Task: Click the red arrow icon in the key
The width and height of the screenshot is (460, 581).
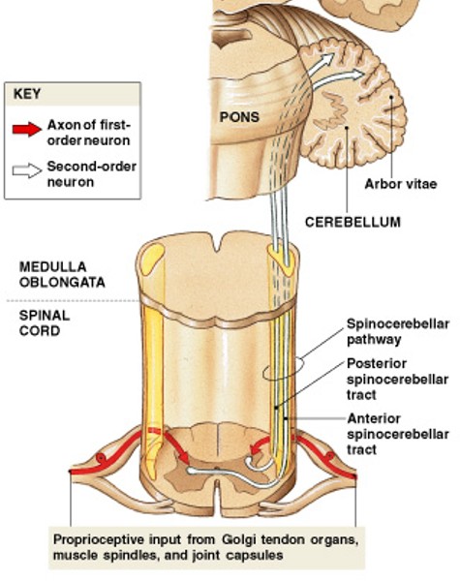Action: pos(27,127)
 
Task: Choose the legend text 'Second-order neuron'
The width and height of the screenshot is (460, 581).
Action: pos(87,174)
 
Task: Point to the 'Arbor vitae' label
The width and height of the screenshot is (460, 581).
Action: pos(398,183)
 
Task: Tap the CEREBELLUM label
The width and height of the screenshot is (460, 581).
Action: pos(353,222)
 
